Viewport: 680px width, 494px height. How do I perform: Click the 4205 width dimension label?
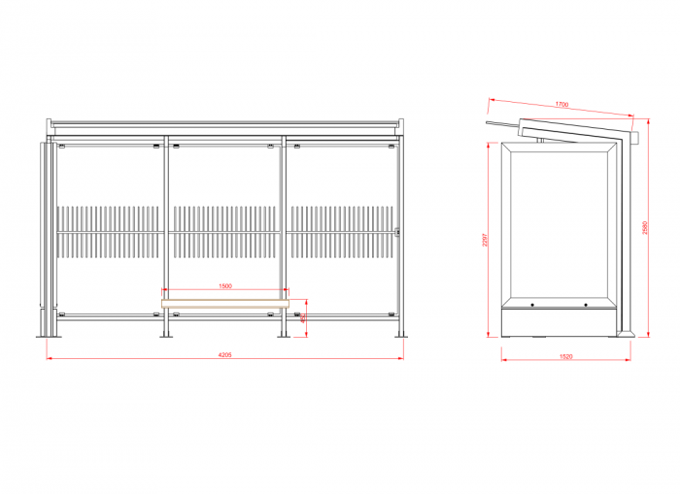(224, 355)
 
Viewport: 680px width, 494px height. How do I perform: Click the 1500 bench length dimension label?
(224, 286)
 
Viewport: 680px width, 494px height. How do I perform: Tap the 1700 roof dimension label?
(561, 104)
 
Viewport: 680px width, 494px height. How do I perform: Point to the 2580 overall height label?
(645, 229)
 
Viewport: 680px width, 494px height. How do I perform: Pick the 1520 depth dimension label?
(565, 356)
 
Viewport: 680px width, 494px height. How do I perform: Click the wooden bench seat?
(225, 301)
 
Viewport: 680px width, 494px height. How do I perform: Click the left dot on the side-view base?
(533, 306)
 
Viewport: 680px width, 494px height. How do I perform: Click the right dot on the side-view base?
(586, 306)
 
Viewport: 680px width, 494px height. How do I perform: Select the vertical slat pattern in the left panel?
(108, 232)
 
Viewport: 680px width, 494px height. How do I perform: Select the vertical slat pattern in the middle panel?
(224, 232)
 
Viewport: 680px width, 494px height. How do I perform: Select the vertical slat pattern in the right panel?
(341, 232)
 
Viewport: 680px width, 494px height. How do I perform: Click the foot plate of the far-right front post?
(399, 336)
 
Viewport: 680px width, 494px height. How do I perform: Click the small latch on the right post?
(398, 231)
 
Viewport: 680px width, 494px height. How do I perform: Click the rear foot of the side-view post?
(627, 333)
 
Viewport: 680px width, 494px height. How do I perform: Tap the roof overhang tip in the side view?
(490, 123)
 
